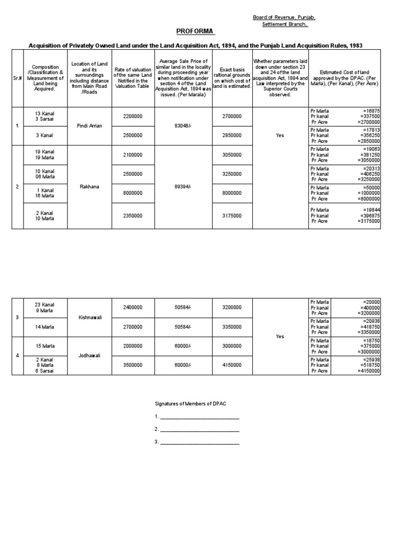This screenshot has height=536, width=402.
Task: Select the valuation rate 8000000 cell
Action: click(133, 193)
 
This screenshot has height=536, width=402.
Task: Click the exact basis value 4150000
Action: click(232, 365)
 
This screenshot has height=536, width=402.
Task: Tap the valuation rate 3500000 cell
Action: click(133, 365)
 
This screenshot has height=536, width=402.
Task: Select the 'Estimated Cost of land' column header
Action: click(345, 76)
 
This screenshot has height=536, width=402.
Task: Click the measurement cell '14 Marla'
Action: click(45, 327)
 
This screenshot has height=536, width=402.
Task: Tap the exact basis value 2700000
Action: click(232, 117)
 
